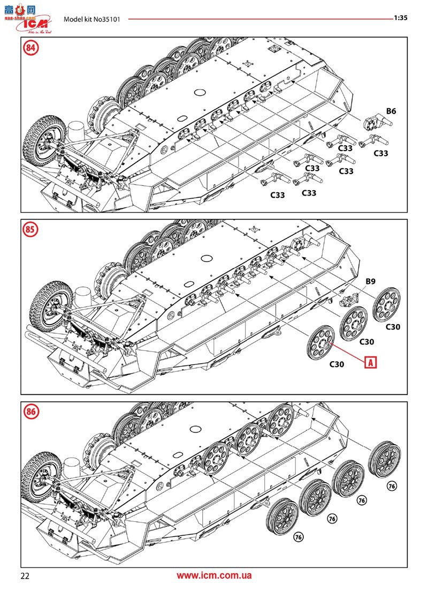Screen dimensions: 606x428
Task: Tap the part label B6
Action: (391, 111)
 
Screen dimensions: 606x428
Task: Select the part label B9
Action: (371, 281)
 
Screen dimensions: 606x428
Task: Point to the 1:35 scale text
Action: (401, 17)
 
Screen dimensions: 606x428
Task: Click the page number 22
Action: (25, 576)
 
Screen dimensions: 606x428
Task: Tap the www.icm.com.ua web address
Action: (214, 576)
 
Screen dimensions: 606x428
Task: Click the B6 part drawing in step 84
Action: (374, 124)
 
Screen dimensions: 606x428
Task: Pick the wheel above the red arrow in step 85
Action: (321, 342)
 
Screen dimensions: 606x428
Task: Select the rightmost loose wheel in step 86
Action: (385, 459)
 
